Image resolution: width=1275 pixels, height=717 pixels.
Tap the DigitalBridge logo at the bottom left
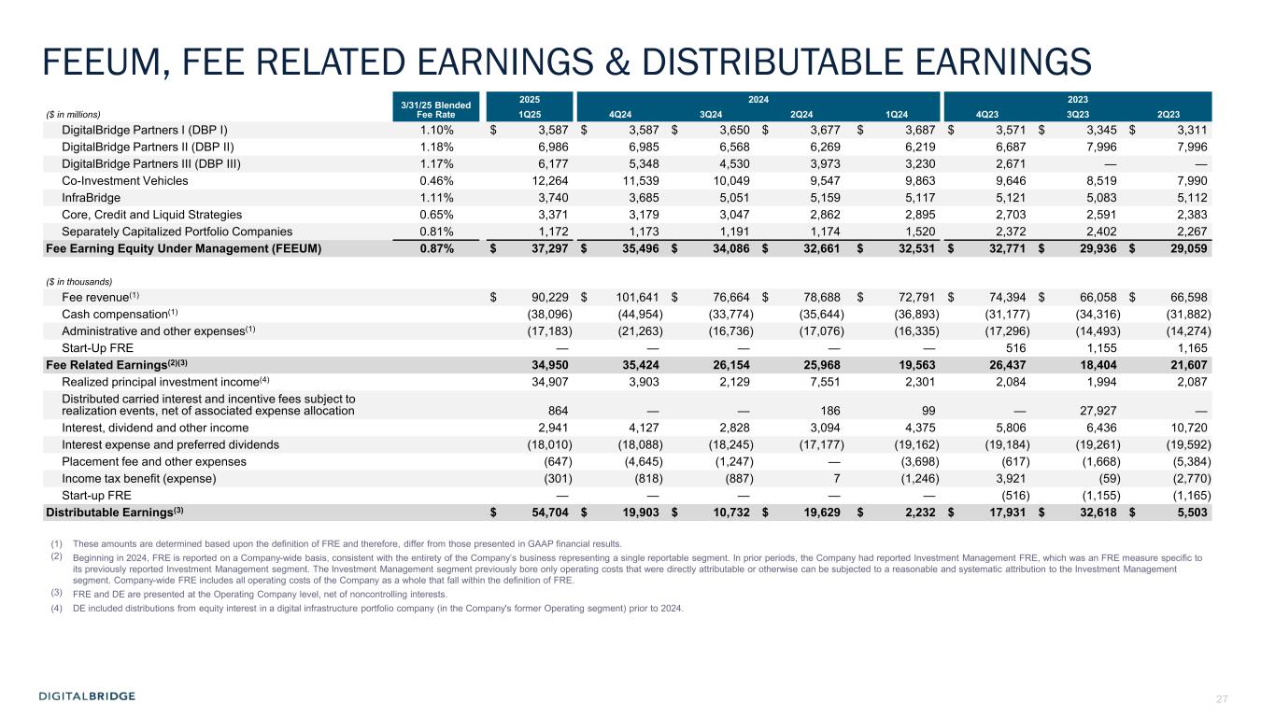click(x=87, y=696)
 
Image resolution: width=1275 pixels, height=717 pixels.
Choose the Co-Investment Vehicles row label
click(x=124, y=180)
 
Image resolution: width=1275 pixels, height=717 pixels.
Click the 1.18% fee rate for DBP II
click(x=437, y=147)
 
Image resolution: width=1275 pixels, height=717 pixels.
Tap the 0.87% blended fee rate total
click(x=437, y=248)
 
